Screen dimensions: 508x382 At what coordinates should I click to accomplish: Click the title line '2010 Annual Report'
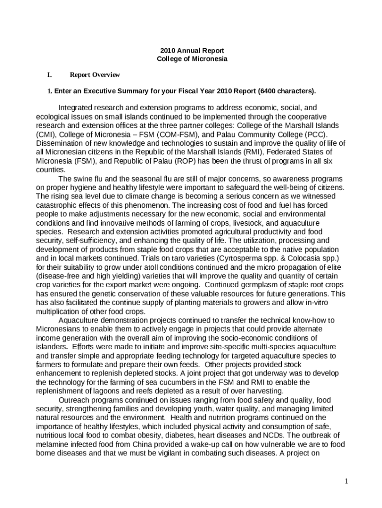coord(192,51)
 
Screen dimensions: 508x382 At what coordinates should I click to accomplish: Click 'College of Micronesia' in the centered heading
coord(192,59)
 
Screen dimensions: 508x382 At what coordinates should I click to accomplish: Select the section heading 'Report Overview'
coord(95,75)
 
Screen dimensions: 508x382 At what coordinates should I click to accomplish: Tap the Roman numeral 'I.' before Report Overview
coord(50,75)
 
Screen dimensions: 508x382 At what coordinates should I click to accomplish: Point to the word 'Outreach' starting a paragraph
coord(73,400)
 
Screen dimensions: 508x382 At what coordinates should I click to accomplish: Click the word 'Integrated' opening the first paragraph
coord(75,108)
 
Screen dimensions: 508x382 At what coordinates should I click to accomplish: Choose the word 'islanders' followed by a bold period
coord(51,346)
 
